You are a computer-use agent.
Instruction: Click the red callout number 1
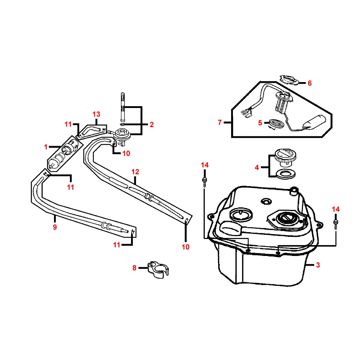pyautogui.click(x=46, y=147)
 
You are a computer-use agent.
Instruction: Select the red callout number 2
pyautogui.click(x=152, y=125)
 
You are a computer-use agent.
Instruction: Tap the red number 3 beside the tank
pyautogui.click(x=318, y=265)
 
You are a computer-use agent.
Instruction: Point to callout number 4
pyautogui.click(x=257, y=167)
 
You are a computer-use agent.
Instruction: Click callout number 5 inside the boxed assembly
pyautogui.click(x=260, y=123)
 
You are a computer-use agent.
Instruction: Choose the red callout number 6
pyautogui.click(x=310, y=83)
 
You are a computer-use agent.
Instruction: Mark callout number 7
pyautogui.click(x=220, y=123)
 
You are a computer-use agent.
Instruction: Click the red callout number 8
pyautogui.click(x=135, y=267)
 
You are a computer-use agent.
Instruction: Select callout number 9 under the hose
pyautogui.click(x=55, y=227)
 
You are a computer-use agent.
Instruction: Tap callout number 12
pyautogui.click(x=135, y=172)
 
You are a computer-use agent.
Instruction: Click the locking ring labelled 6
pyautogui.click(x=289, y=80)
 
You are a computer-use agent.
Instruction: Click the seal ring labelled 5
pyautogui.click(x=276, y=124)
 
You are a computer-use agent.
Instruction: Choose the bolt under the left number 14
pyautogui.click(x=204, y=180)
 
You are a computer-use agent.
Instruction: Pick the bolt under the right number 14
pyautogui.click(x=336, y=222)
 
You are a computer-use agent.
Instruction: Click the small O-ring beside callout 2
pyautogui.click(x=123, y=125)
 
